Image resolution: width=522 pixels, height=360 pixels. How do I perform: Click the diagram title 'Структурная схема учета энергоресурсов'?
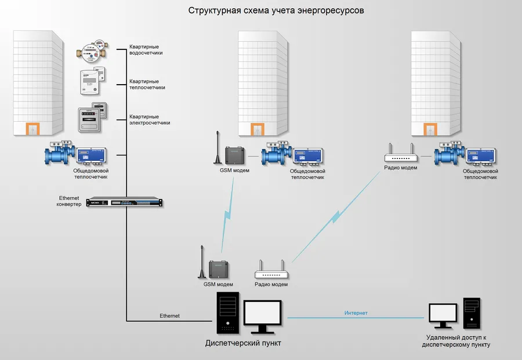[x=276, y=10]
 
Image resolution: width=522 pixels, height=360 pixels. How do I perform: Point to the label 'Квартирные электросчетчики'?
[x=150, y=119]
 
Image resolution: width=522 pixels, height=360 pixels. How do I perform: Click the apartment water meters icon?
[x=92, y=53]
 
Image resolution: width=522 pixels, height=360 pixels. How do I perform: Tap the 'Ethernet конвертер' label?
[x=69, y=201]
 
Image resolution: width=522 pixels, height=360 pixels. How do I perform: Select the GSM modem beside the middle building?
[x=235, y=155]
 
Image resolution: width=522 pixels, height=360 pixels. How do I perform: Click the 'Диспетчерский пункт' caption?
[x=246, y=343]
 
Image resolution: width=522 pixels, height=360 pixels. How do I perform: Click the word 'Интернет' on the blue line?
[x=356, y=313]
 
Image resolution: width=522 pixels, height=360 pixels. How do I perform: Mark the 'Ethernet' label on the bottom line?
[x=170, y=316]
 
